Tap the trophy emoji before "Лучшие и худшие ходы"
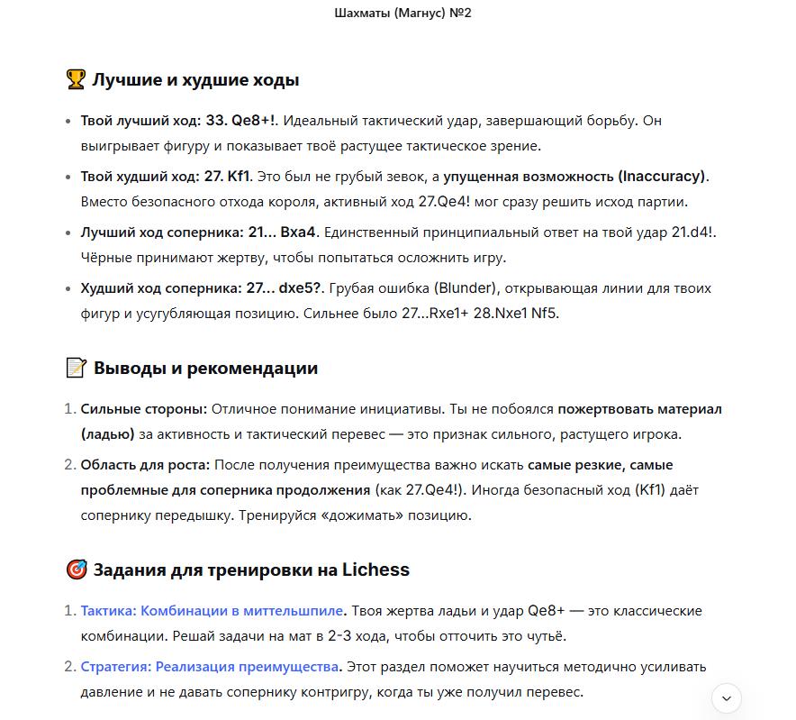point(76,80)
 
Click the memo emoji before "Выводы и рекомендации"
point(76,368)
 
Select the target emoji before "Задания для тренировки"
point(76,570)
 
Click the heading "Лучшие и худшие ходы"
point(195,80)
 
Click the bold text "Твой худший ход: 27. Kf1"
point(167,177)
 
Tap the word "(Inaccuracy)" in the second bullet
point(662,177)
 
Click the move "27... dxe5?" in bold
point(285,288)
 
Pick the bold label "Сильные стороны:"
point(144,409)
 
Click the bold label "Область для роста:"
point(145,465)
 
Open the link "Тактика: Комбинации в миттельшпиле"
point(213,611)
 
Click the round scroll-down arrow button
point(727,697)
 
